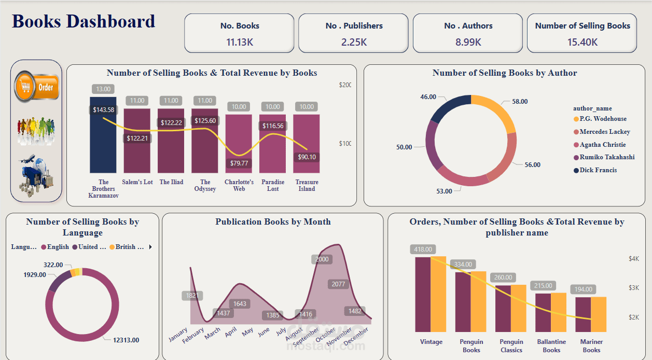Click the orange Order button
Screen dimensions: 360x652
coord(36,87)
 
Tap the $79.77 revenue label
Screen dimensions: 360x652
coord(239,163)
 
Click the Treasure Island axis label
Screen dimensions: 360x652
coord(307,185)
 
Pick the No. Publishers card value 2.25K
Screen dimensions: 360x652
coord(354,42)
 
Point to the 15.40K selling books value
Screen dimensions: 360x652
coord(582,42)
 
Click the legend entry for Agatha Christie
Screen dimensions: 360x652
coord(603,145)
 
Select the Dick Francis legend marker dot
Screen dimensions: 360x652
coord(576,170)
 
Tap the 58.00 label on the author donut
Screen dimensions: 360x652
coord(520,102)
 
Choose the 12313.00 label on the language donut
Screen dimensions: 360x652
coord(126,340)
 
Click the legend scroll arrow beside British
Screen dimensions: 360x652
coord(150,247)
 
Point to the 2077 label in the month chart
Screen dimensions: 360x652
coord(338,284)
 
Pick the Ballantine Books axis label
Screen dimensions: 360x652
coord(551,345)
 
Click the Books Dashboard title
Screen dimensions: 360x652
coord(84,21)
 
